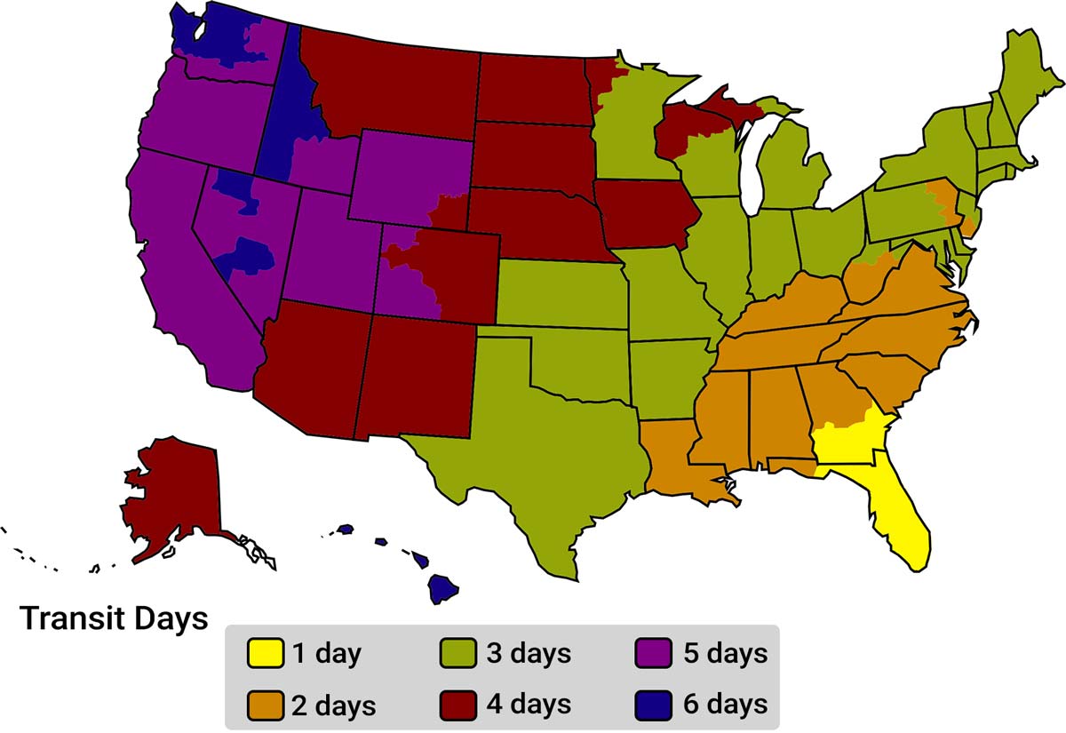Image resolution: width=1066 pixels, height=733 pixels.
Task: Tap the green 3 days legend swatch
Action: coord(457,654)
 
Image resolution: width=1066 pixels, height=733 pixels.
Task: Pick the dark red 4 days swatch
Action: coord(457,705)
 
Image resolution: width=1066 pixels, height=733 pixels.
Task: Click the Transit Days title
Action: coord(114,617)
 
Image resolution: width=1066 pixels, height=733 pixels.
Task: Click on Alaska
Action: coord(173,493)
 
